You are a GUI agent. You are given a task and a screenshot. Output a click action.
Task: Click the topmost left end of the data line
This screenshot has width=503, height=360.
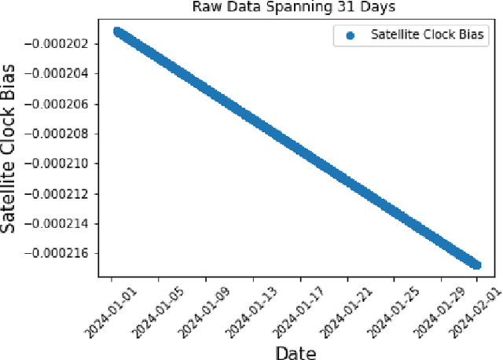point(116,31)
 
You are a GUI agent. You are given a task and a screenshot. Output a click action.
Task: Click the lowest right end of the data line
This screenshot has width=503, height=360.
point(476,265)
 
